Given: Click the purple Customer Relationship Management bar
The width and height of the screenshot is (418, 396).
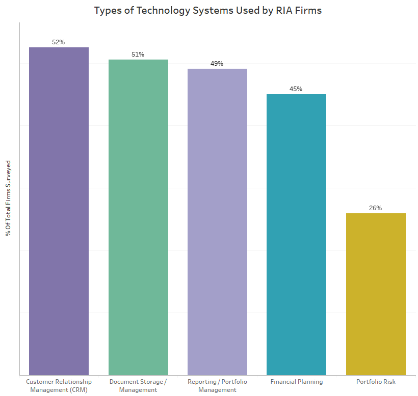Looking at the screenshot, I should (x=59, y=211).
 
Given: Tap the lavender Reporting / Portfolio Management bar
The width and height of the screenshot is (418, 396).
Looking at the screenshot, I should (x=217, y=222).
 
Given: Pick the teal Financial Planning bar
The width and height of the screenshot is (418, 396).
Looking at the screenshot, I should (x=296, y=235).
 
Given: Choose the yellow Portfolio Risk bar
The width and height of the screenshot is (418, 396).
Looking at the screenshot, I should (x=376, y=294).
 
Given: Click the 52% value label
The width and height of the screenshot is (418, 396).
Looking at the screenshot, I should (x=59, y=42).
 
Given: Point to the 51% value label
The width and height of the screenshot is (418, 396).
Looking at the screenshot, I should (x=138, y=54).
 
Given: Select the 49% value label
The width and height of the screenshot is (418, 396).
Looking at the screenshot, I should (x=217, y=64).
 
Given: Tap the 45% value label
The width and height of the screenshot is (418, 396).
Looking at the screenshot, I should (x=296, y=89).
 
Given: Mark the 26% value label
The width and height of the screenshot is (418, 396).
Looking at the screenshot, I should (x=376, y=208).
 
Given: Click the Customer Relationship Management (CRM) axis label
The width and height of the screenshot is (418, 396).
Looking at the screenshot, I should (x=59, y=385).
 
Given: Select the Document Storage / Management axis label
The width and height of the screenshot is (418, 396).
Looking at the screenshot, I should (x=138, y=385).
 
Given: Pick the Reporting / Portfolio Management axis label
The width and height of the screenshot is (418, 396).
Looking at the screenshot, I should (x=217, y=385).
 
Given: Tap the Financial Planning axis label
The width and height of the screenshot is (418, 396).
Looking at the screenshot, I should (x=296, y=382).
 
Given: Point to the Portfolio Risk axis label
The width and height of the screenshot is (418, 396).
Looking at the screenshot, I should (x=376, y=382).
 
